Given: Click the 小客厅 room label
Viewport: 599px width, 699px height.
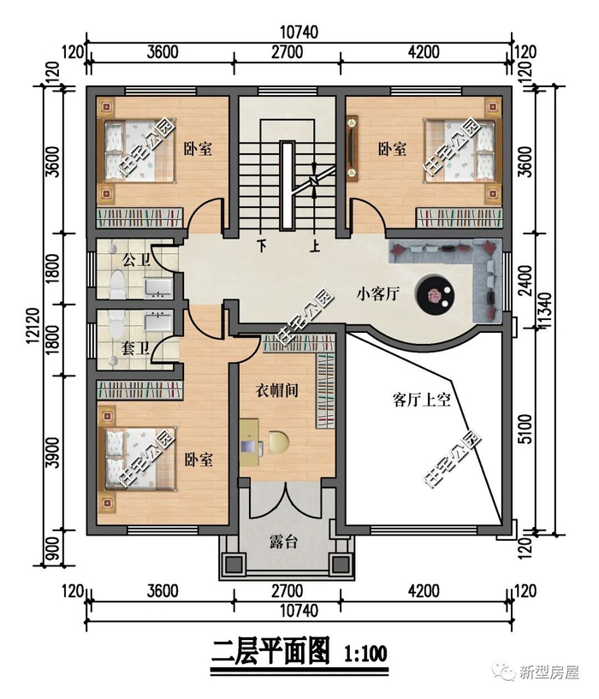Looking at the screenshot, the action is click(x=378, y=294).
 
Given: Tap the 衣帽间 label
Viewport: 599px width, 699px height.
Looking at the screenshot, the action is click(x=276, y=390).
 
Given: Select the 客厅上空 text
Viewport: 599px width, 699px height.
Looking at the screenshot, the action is click(x=422, y=400).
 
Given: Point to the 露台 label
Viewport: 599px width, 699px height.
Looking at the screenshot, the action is click(x=283, y=542).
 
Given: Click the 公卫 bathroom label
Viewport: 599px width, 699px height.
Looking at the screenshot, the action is click(x=136, y=260).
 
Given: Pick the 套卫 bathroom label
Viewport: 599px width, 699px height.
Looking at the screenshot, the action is click(x=135, y=348).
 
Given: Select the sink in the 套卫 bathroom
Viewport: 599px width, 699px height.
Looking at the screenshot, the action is click(x=158, y=320).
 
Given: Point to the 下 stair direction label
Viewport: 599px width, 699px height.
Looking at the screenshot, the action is click(x=261, y=246).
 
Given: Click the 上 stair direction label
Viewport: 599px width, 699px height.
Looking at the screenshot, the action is click(x=316, y=246).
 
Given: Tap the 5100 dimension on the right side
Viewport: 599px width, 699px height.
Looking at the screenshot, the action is click(x=526, y=429).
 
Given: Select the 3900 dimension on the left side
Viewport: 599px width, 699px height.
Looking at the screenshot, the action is click(x=53, y=452).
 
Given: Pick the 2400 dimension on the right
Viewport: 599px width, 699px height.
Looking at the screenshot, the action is click(x=526, y=281).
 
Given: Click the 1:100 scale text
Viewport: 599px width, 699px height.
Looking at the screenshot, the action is click(x=365, y=654).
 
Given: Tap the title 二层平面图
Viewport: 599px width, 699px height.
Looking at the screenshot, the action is click(x=270, y=652).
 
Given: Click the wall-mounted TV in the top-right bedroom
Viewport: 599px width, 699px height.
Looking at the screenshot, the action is click(x=353, y=149).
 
